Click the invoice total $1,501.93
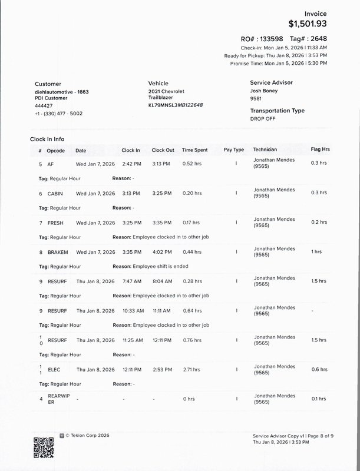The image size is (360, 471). (x=307, y=24)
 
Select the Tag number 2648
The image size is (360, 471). (x=317, y=38)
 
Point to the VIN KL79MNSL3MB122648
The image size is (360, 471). (x=176, y=105)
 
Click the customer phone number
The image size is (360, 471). (x=58, y=113)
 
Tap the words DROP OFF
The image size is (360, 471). (x=263, y=119)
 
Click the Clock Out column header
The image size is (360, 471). (x=163, y=150)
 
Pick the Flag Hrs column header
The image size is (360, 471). (x=320, y=150)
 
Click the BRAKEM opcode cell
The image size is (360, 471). (x=58, y=253)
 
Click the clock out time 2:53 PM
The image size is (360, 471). (x=162, y=370)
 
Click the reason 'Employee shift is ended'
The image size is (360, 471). (x=160, y=267)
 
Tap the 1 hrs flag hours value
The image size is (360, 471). (x=316, y=252)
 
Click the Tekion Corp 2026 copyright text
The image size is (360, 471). (x=89, y=436)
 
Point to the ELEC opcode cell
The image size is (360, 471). (x=54, y=370)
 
